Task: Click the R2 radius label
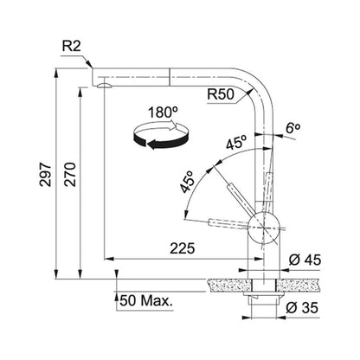72,47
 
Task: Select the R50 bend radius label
221,94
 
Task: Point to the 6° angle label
293,127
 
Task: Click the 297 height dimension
46,174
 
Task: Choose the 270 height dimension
70,174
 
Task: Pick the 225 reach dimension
183,248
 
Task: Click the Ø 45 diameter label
305,260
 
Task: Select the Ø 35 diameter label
302,308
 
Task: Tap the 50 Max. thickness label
146,301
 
